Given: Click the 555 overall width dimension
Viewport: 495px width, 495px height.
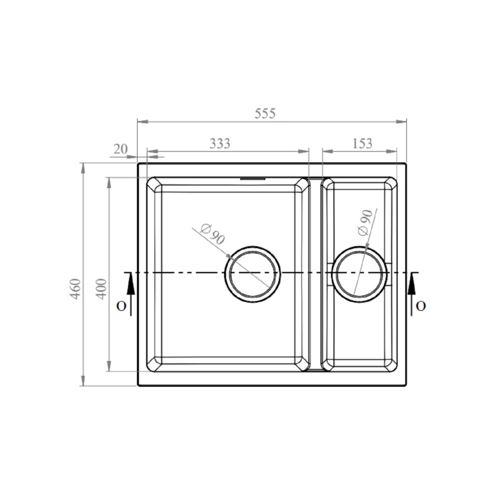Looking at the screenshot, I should pyautogui.click(x=265, y=114).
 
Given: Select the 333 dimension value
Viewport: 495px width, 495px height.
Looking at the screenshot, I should pyautogui.click(x=220, y=144).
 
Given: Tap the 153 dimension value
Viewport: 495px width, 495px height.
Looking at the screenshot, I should pyautogui.click(x=361, y=144).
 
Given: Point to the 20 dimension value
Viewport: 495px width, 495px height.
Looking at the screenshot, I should pyautogui.click(x=120, y=149).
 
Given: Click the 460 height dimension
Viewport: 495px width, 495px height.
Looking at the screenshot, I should pyautogui.click(x=75, y=288).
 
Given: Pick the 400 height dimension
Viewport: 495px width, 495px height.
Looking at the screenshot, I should pyautogui.click(x=102, y=288).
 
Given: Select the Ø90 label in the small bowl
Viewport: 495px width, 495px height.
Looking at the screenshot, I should pyautogui.click(x=365, y=223).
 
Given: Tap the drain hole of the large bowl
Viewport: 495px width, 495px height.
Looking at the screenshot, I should pyautogui.click(x=252, y=273).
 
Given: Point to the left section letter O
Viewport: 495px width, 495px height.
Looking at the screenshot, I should pyautogui.click(x=120, y=306).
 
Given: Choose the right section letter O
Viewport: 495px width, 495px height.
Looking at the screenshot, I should pyautogui.click(x=421, y=306).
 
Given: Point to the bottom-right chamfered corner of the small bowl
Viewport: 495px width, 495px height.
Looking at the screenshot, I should pyautogui.click(x=390, y=364).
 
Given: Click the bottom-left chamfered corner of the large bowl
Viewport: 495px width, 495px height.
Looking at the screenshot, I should pyautogui.click(x=155, y=364).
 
